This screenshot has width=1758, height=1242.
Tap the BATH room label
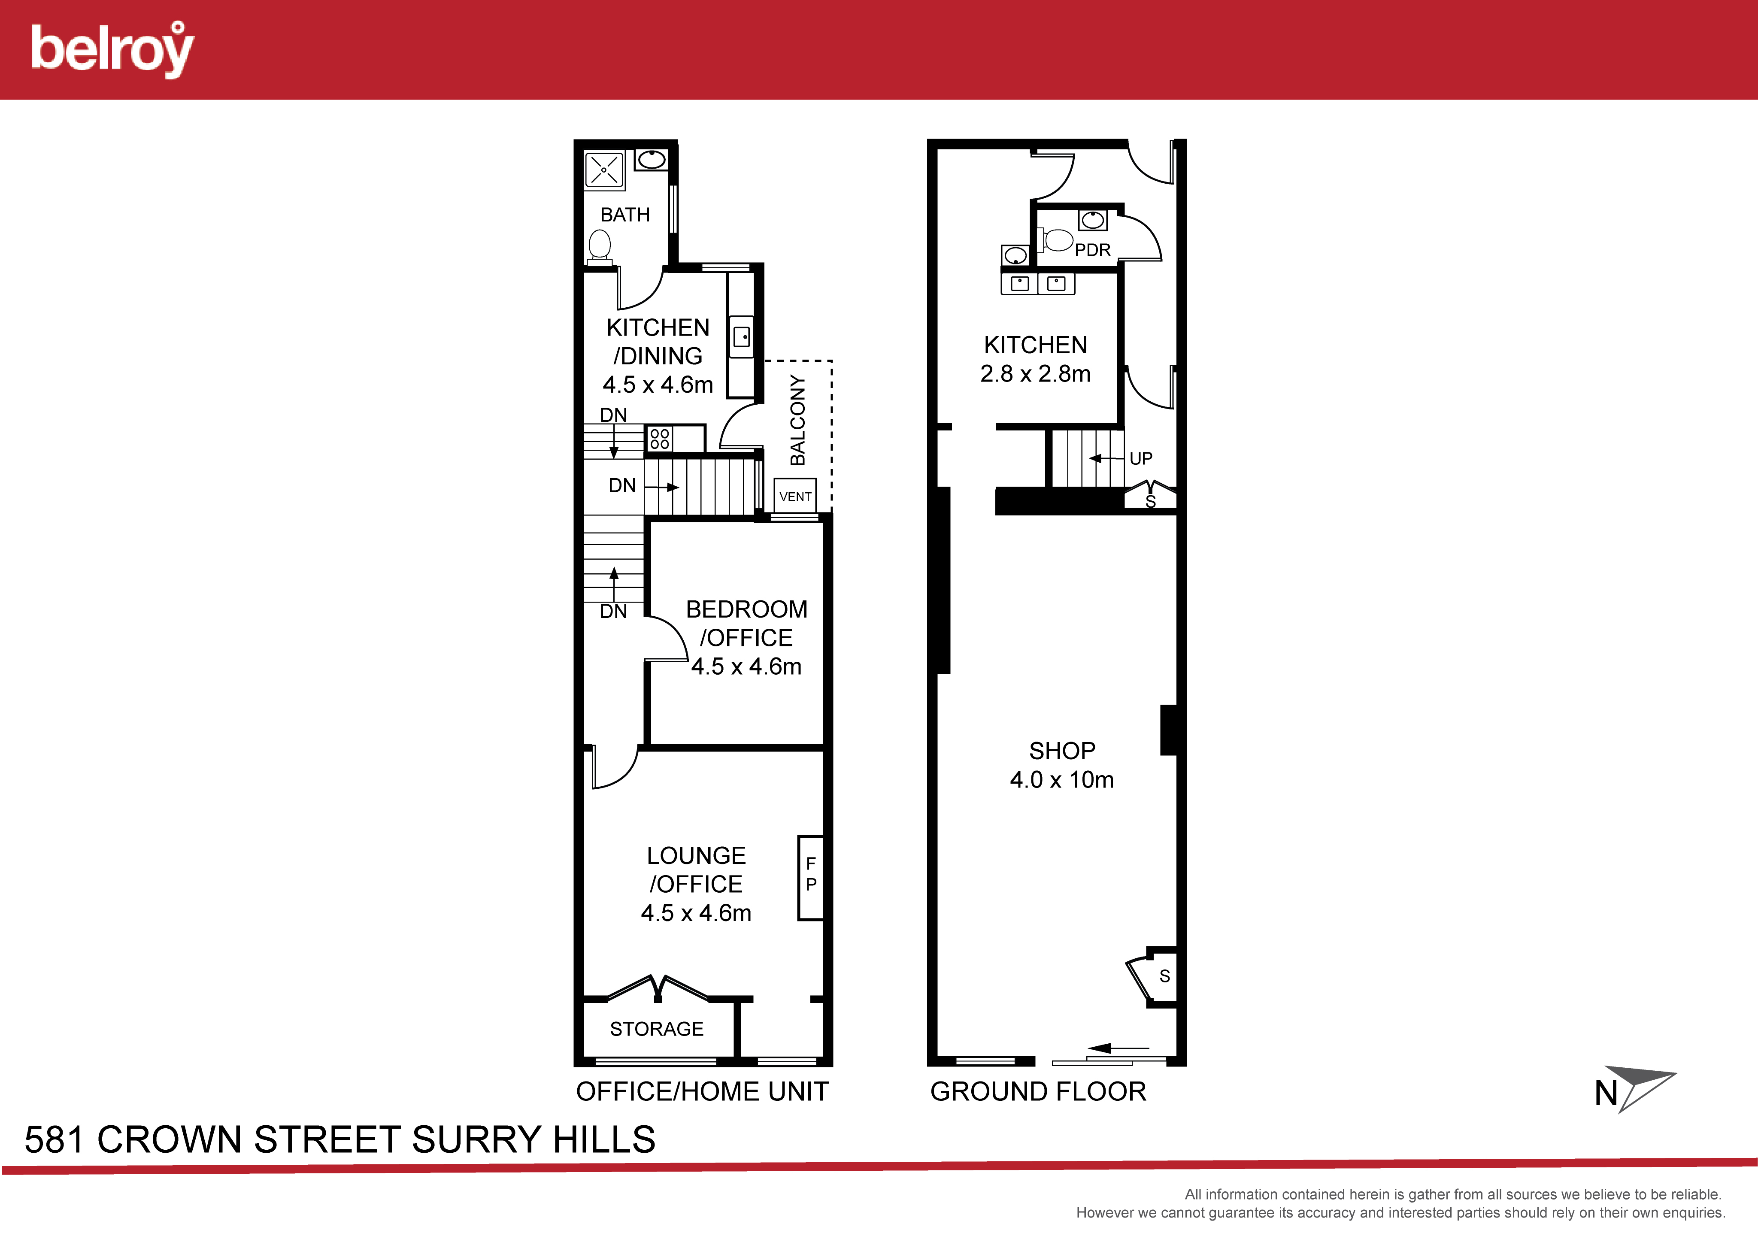tap(625, 215)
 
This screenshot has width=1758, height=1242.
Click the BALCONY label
tap(798, 420)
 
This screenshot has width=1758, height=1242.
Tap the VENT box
tap(795, 496)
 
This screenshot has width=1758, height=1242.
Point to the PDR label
tap(1093, 250)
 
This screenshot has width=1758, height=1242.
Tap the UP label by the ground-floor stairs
tap(1141, 459)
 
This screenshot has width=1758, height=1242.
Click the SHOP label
tap(1062, 751)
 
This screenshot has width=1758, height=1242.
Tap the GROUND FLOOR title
tap(1038, 1092)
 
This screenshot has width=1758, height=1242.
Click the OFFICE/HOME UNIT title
tap(702, 1092)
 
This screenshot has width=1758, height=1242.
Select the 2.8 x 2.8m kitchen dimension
tap(1035, 374)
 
